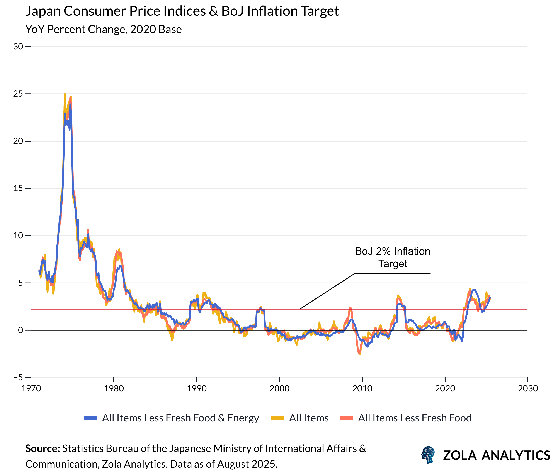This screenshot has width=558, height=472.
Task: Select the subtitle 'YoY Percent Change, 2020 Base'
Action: pos(103,29)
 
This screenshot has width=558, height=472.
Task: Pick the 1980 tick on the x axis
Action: pos(114,388)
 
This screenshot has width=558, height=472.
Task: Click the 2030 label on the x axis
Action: pos(527,388)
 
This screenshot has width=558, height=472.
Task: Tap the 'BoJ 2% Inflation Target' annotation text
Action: pos(392,257)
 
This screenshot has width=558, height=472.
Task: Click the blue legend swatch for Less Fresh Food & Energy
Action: pos(90,418)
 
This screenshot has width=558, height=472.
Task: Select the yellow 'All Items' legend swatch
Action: pos(277,418)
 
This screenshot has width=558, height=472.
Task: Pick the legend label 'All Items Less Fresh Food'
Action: pos(414,418)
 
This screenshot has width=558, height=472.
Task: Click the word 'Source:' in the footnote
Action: pos(43,448)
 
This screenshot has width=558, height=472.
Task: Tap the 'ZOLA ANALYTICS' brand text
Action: pos(496,455)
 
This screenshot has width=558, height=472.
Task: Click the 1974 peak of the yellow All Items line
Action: pos(65,94)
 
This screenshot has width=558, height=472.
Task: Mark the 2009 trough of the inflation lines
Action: pos(360,354)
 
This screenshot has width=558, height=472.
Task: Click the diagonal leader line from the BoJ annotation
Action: pos(327,291)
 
